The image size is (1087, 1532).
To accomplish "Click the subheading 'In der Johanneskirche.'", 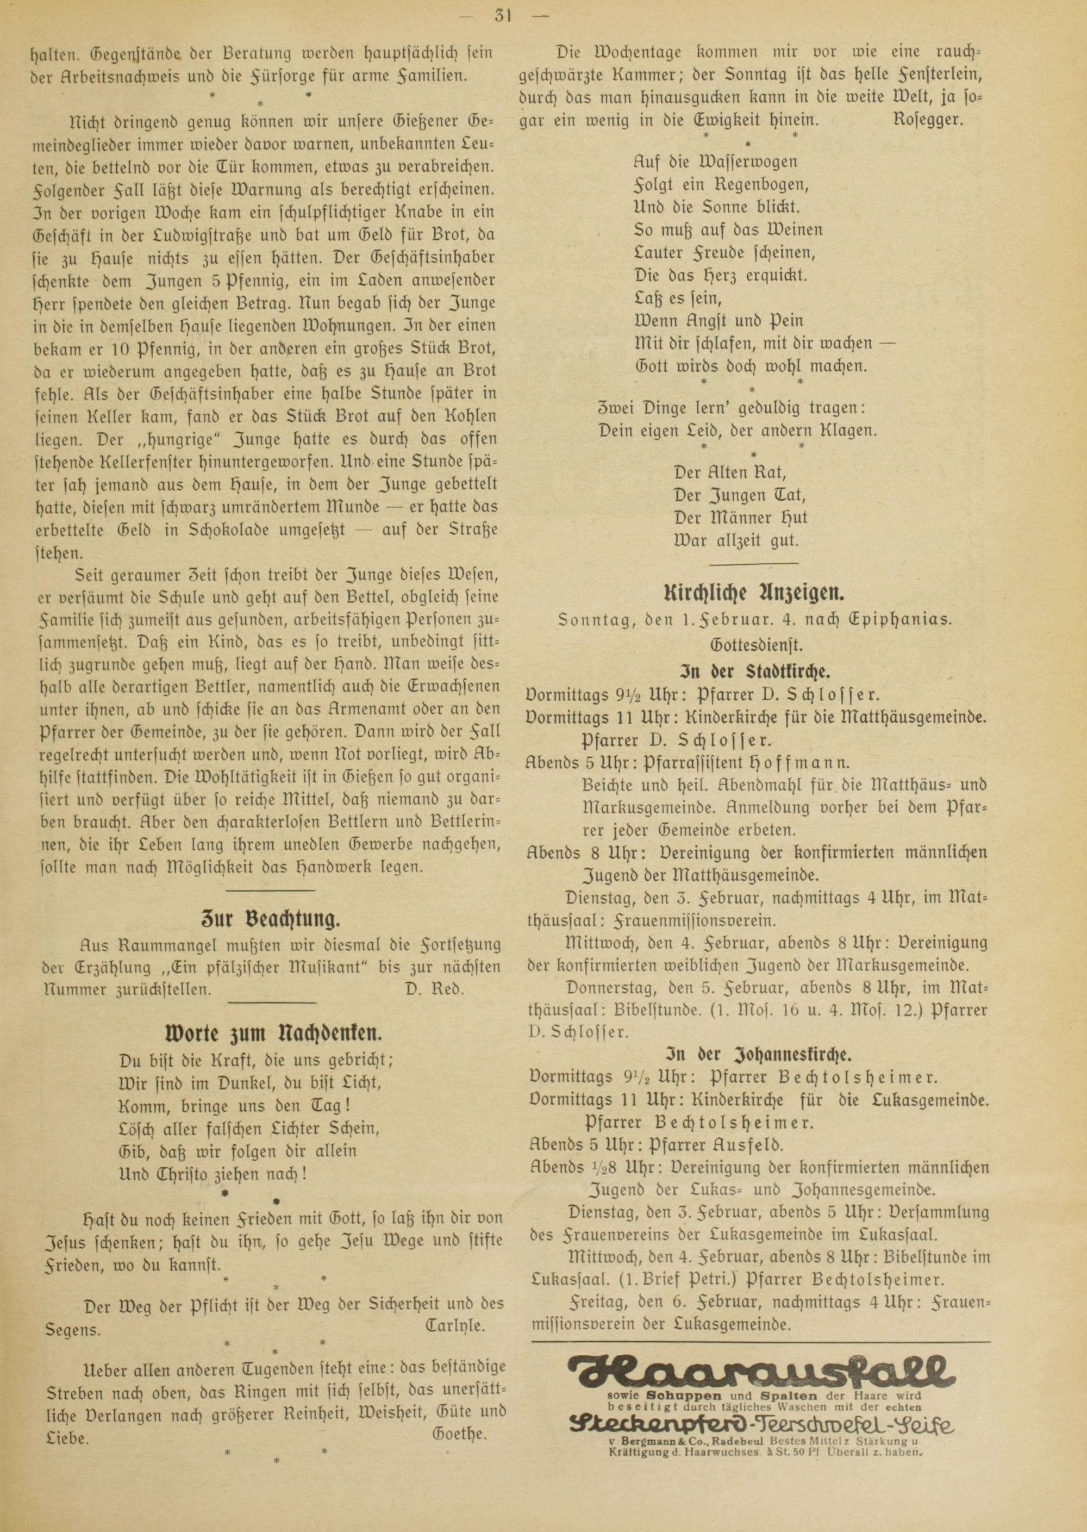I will click(757, 1056).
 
